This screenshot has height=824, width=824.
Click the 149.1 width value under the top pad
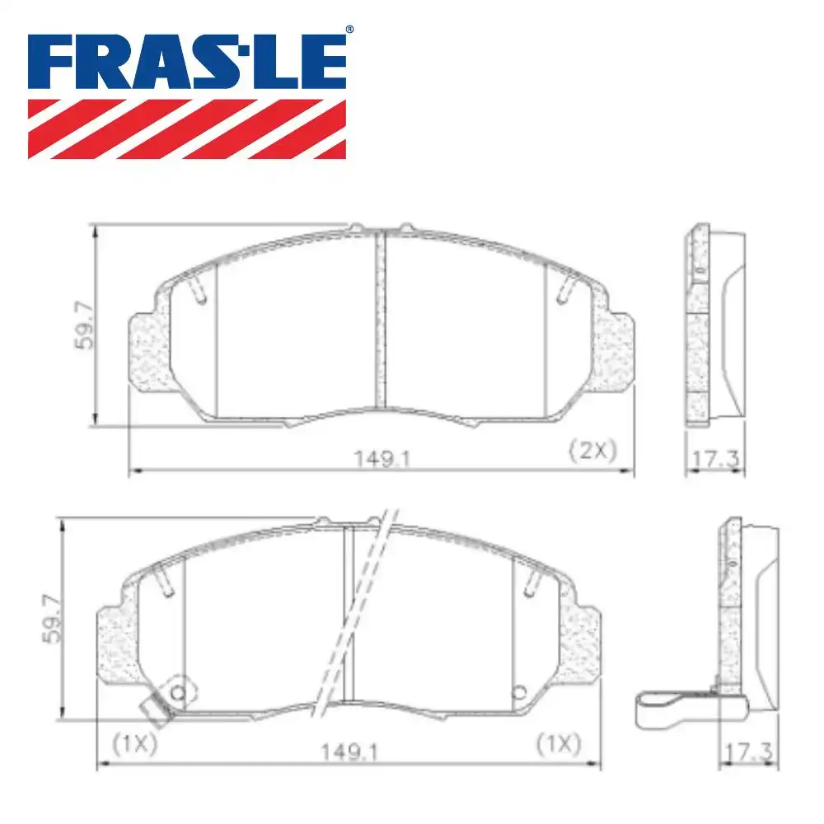click(382, 455)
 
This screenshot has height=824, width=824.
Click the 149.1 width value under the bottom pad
click(344, 751)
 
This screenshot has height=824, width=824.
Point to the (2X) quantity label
click(592, 450)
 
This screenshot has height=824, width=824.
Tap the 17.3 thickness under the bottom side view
click(749, 751)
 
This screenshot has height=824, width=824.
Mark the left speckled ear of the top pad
click(149, 349)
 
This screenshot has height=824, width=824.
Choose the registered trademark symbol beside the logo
click(349, 30)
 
